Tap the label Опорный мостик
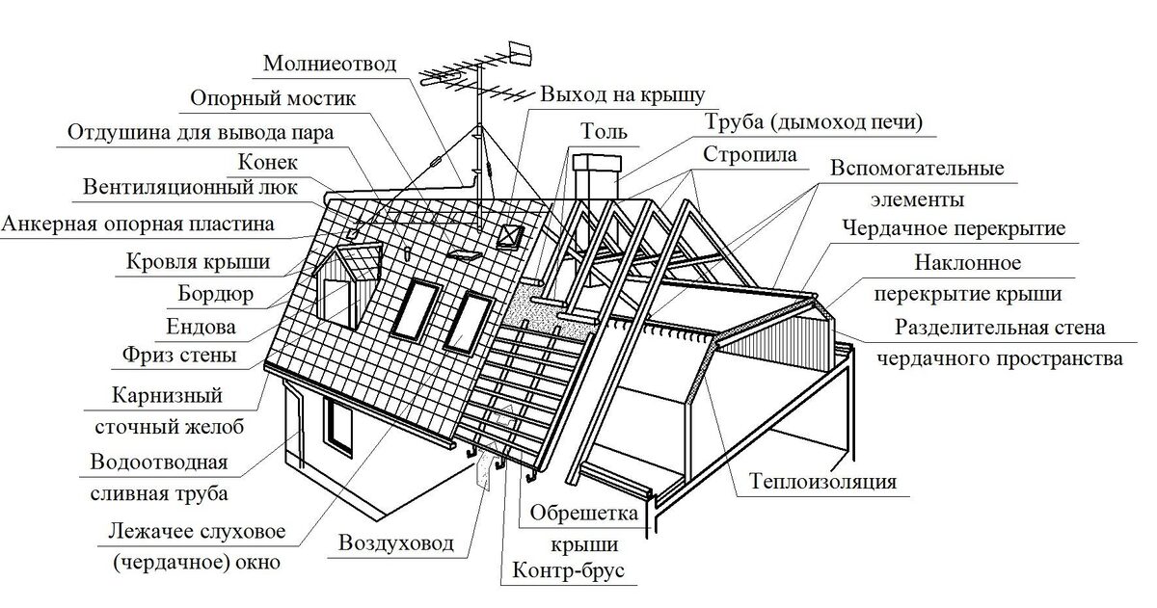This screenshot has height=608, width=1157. (274, 99)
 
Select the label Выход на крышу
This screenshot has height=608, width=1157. (623, 94)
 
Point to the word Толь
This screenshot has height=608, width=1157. (604, 130)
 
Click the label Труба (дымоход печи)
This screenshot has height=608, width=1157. (813, 122)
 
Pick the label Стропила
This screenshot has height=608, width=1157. (749, 154)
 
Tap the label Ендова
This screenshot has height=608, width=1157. (202, 325)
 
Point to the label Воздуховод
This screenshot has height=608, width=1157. (395, 543)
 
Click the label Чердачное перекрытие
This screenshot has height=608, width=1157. (953, 229)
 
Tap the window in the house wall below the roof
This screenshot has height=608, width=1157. (338, 425)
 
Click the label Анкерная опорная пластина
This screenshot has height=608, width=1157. (137, 225)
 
